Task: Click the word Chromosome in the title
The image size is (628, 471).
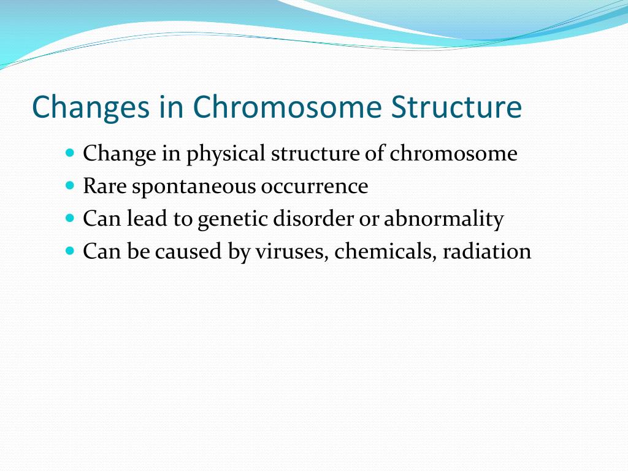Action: [287, 107]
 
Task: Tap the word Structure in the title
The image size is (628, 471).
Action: [456, 107]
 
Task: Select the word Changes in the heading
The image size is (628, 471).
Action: [91, 108]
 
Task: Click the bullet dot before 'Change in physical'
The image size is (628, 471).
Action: [70, 153]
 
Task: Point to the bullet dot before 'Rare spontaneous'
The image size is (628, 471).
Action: [70, 185]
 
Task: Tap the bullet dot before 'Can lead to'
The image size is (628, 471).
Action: [70, 218]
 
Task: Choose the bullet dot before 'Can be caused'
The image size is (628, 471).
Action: [70, 251]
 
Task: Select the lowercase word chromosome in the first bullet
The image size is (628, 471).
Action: [453, 153]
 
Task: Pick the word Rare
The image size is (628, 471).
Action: [105, 186]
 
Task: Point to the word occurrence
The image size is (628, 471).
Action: [315, 186]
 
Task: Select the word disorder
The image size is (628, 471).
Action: [313, 218]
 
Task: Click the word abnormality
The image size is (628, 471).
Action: [444, 220]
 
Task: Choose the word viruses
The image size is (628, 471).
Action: [292, 252]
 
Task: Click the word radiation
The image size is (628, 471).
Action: [487, 251]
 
